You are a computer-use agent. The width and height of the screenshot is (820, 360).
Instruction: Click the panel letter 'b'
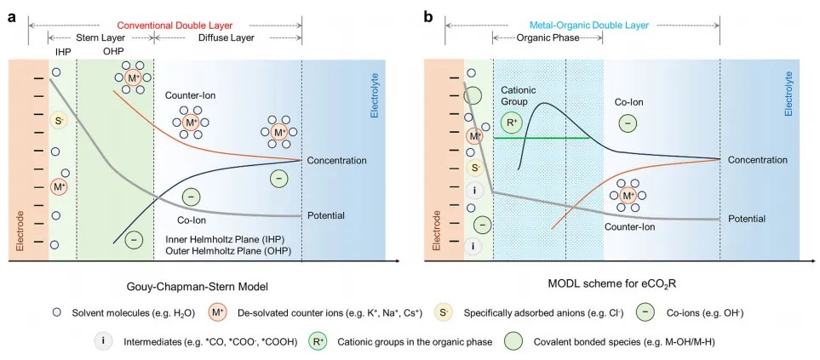click(427, 16)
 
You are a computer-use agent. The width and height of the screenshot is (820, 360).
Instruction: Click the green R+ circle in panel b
click(512, 123)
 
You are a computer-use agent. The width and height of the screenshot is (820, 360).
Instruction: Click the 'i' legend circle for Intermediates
click(103, 340)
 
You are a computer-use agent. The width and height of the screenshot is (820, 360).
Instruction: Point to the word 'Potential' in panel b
click(747, 219)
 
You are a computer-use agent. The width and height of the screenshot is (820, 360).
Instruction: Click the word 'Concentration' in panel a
click(336, 160)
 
